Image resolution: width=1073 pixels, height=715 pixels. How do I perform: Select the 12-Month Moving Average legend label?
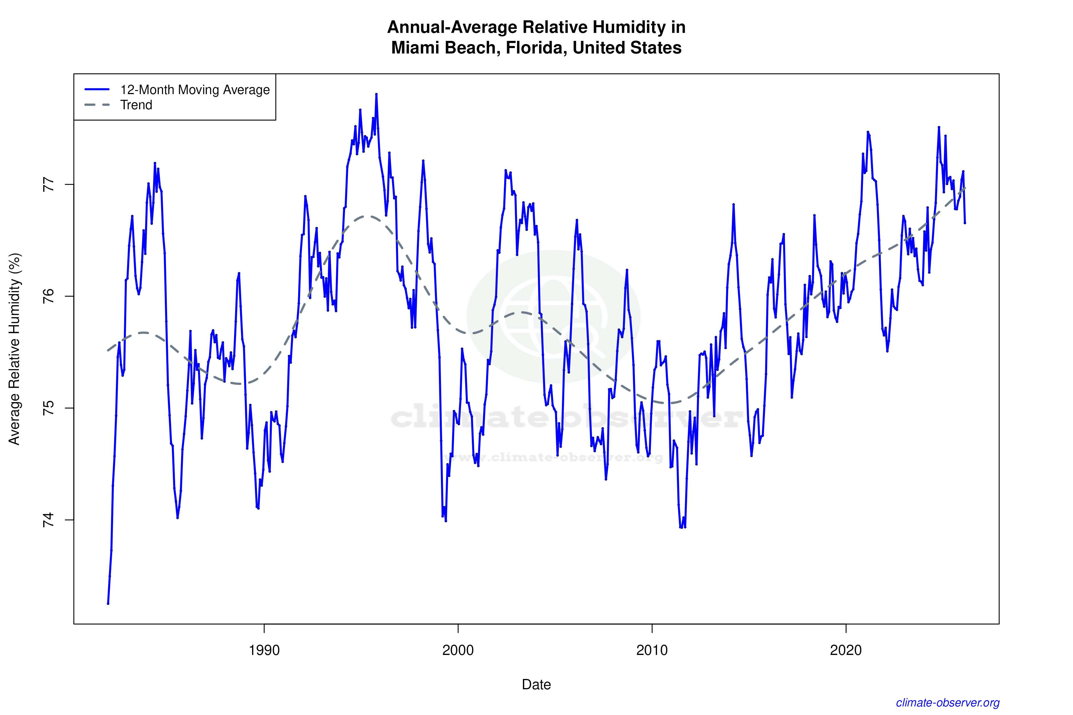pos(195,90)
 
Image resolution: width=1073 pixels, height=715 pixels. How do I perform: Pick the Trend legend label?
pos(136,105)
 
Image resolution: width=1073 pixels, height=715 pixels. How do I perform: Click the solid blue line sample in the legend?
pos(97,89)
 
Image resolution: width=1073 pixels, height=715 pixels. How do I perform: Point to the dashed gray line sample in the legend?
pos(97,105)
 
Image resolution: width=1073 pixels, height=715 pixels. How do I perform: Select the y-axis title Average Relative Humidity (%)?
pos(15,349)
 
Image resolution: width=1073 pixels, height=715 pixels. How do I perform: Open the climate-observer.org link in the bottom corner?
pos(948,703)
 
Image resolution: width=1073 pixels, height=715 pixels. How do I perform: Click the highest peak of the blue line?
pos(376,94)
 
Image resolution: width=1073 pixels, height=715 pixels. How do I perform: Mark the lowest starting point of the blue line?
pos(108,603)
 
